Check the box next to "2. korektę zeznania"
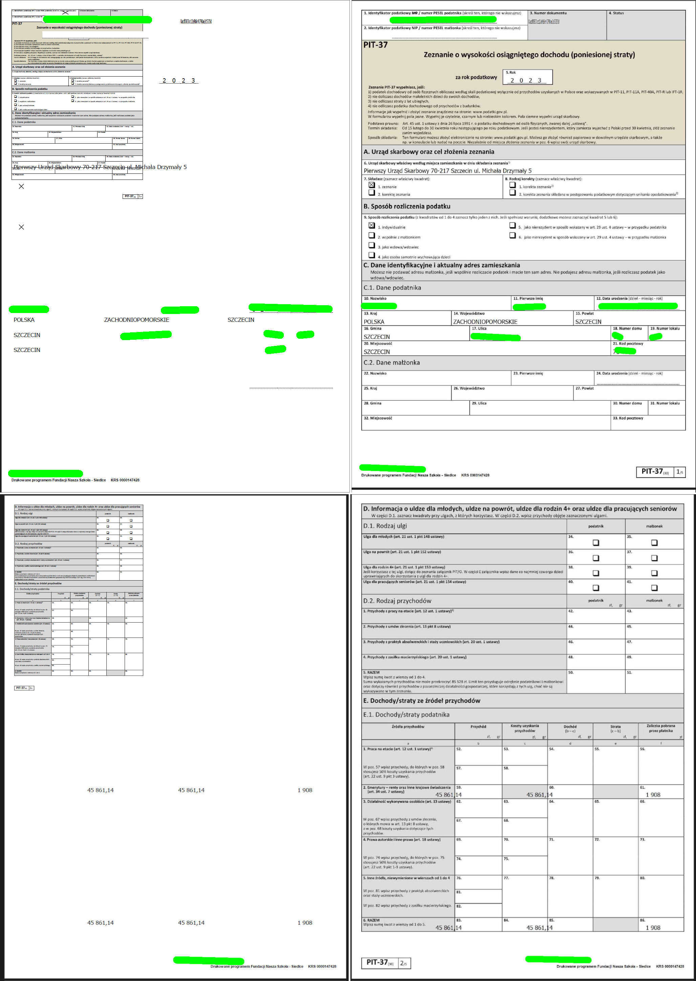click(x=372, y=193)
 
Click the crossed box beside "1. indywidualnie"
click(x=372, y=225)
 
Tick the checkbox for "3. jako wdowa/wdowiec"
click(x=372, y=245)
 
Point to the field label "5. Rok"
click(x=510, y=72)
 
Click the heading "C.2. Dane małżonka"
click(x=391, y=362)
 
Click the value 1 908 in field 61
click(x=653, y=795)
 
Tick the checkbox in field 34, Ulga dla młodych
click(x=596, y=543)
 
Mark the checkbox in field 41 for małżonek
click(x=654, y=588)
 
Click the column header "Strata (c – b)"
click(x=615, y=729)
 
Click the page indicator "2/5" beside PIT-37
click(x=404, y=963)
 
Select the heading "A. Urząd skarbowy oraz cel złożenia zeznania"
click(x=428, y=152)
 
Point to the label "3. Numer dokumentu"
click(x=548, y=13)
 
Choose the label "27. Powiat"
click(x=584, y=388)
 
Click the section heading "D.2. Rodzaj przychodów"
click(x=397, y=601)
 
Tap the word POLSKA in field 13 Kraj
click(x=374, y=322)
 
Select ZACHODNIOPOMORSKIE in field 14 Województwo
click(x=485, y=322)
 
